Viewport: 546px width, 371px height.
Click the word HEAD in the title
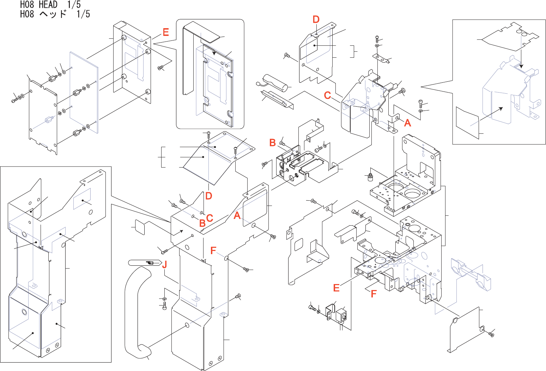pyautogui.click(x=48, y=4)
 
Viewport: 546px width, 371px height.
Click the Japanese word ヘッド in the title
pyautogui.click(x=53, y=14)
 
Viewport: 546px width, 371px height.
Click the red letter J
pyautogui.click(x=165, y=264)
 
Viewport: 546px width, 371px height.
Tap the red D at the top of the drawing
pyautogui.click(x=316, y=19)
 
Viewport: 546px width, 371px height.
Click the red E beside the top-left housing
pyautogui.click(x=166, y=32)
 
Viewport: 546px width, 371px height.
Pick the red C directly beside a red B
pyautogui.click(x=210, y=218)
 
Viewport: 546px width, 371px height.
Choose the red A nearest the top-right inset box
pyautogui.click(x=407, y=123)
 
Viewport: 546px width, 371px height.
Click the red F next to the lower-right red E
pyautogui.click(x=374, y=294)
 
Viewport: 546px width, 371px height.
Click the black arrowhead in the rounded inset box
pyautogui.click(x=214, y=53)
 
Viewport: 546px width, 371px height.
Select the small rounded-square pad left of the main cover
pyautogui.click(x=140, y=227)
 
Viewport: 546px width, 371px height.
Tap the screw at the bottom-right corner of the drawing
pyautogui.click(x=491, y=335)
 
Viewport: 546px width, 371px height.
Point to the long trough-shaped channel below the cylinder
pyautogui.click(x=277, y=100)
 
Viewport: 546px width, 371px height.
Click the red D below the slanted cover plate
pyautogui.click(x=209, y=196)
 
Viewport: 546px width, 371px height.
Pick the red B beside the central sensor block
pyautogui.click(x=273, y=143)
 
